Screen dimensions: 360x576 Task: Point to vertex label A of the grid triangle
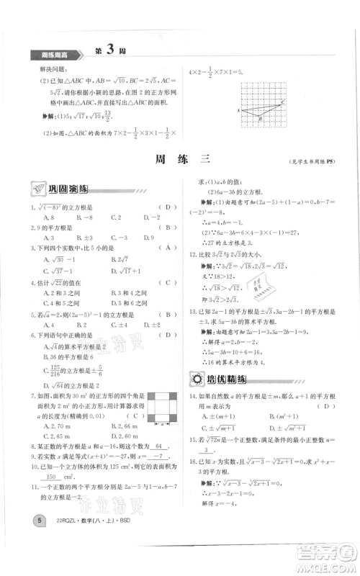coord(238,112)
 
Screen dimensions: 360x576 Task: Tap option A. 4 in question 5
coord(35,325)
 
